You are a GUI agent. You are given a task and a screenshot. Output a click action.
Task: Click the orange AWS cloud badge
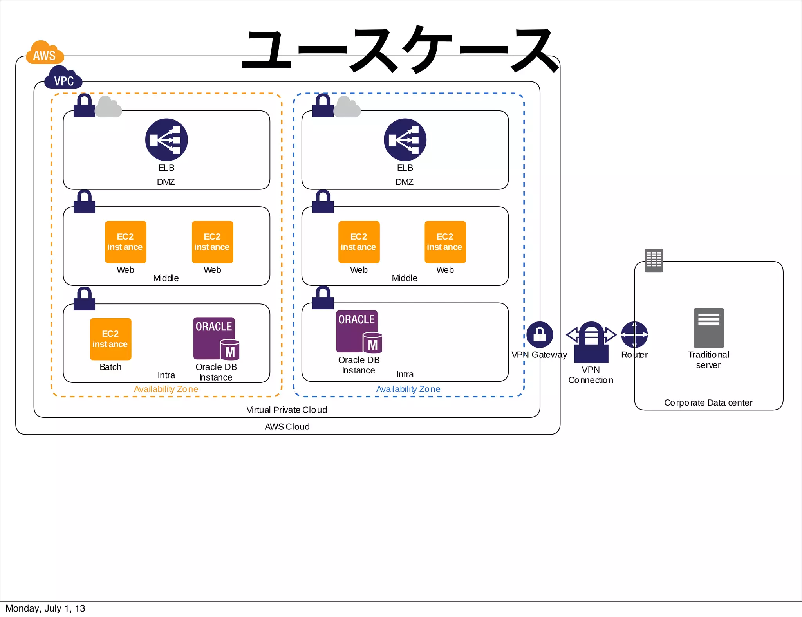(45, 53)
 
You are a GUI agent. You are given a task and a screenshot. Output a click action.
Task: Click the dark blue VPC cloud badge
(63, 79)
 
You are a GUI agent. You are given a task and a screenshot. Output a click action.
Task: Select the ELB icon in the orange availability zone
(166, 140)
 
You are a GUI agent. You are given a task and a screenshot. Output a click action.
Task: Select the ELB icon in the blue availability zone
(405, 140)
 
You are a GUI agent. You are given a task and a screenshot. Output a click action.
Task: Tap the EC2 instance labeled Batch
(110, 339)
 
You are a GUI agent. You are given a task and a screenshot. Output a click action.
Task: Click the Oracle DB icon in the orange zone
(216, 339)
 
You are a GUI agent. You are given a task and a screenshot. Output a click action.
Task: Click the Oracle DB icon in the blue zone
(359, 332)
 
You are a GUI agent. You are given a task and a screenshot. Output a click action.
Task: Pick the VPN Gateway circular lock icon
(540, 334)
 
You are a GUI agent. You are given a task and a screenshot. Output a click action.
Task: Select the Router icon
(634, 334)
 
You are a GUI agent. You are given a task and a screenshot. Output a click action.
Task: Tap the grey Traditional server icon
(708, 328)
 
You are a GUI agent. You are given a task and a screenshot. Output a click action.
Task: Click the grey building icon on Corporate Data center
(654, 260)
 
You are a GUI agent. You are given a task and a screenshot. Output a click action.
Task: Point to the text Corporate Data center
(708, 402)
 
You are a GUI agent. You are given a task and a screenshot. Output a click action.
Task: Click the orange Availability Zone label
(166, 389)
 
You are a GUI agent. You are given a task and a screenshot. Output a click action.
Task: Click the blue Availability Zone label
(408, 389)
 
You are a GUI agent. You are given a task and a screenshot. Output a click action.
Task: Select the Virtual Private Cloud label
(287, 410)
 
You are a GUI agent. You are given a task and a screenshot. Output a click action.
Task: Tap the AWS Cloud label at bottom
(287, 427)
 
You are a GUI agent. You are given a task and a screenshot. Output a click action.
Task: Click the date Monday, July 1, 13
(45, 608)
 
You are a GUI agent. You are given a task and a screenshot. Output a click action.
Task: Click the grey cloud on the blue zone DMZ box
(347, 107)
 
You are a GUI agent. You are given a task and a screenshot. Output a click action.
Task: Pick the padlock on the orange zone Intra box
(84, 299)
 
